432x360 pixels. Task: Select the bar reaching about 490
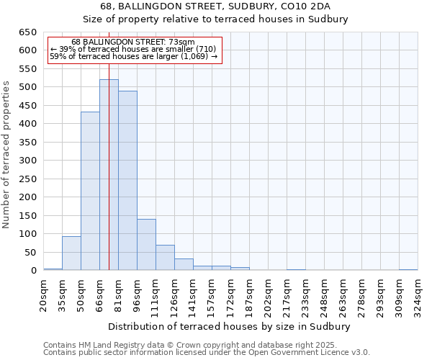pos(127,181)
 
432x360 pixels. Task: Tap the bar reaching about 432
pos(90,191)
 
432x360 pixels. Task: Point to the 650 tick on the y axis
pos(29,32)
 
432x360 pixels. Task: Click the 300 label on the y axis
pos(29,161)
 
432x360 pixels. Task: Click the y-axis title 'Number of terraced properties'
pos(7,154)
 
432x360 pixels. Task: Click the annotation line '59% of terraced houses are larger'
pos(134,56)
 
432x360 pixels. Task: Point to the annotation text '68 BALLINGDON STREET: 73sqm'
pos(134,42)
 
